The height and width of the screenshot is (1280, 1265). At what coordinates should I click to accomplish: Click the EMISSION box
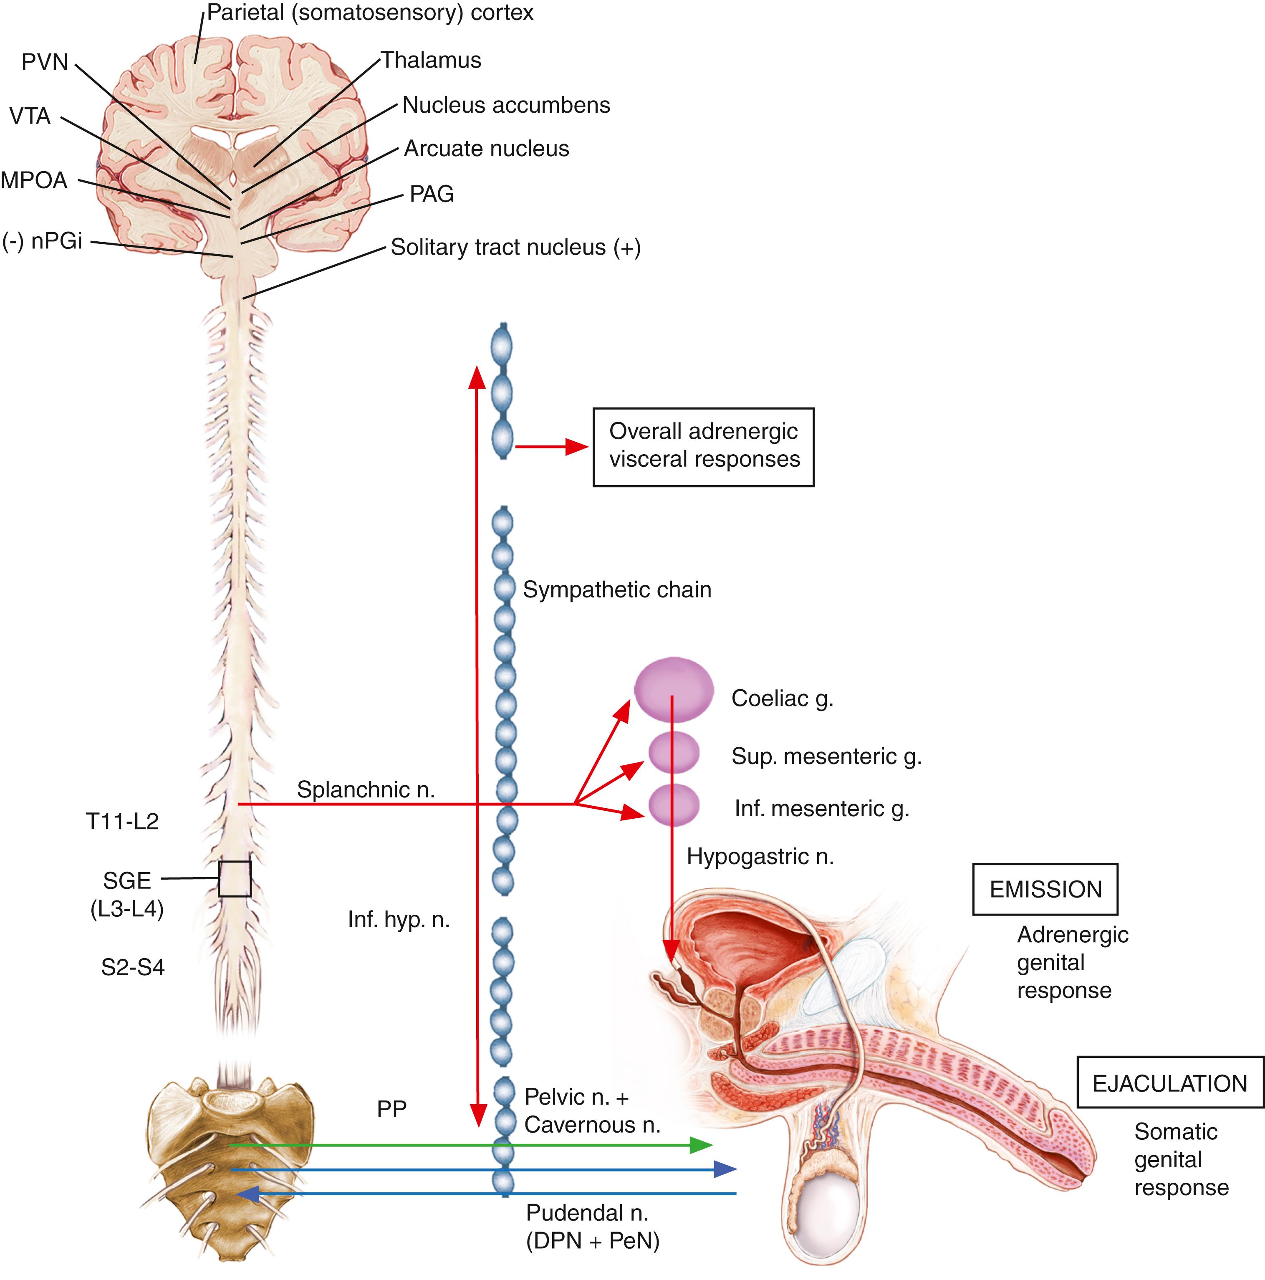click(x=1045, y=890)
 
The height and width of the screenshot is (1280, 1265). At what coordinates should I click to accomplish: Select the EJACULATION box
click(x=1169, y=1083)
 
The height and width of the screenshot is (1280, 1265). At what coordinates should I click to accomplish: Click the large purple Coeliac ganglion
click(x=674, y=689)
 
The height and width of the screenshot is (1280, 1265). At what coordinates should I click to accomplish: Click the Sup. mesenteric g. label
click(x=826, y=756)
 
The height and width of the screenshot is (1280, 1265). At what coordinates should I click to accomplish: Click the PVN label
click(x=45, y=62)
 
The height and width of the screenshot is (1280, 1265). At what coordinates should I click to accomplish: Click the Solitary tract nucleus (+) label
click(x=515, y=247)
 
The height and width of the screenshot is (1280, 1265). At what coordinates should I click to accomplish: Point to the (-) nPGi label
click(x=43, y=240)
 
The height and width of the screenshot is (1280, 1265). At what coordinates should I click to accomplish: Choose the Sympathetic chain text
click(x=616, y=589)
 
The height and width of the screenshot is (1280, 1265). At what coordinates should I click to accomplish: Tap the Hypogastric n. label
click(x=760, y=857)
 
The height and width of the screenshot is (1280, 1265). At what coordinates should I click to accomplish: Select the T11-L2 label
click(x=123, y=822)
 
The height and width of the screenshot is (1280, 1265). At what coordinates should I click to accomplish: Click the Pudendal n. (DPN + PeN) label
click(x=592, y=1227)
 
